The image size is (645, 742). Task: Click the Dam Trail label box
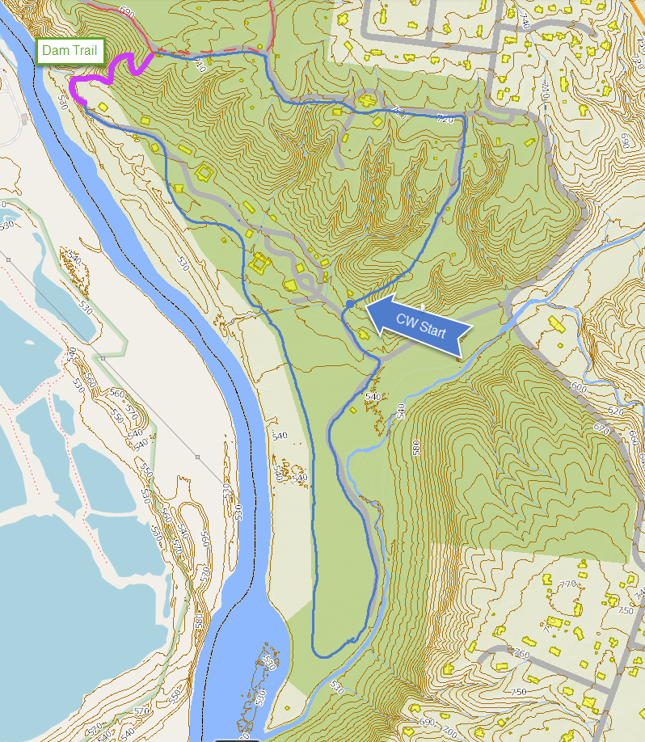click(x=70, y=51)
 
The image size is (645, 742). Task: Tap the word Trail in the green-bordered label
click(x=86, y=51)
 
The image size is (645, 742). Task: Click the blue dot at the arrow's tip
click(x=349, y=303)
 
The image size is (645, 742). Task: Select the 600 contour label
click(x=578, y=387)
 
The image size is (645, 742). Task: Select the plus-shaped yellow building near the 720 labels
click(x=368, y=101)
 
